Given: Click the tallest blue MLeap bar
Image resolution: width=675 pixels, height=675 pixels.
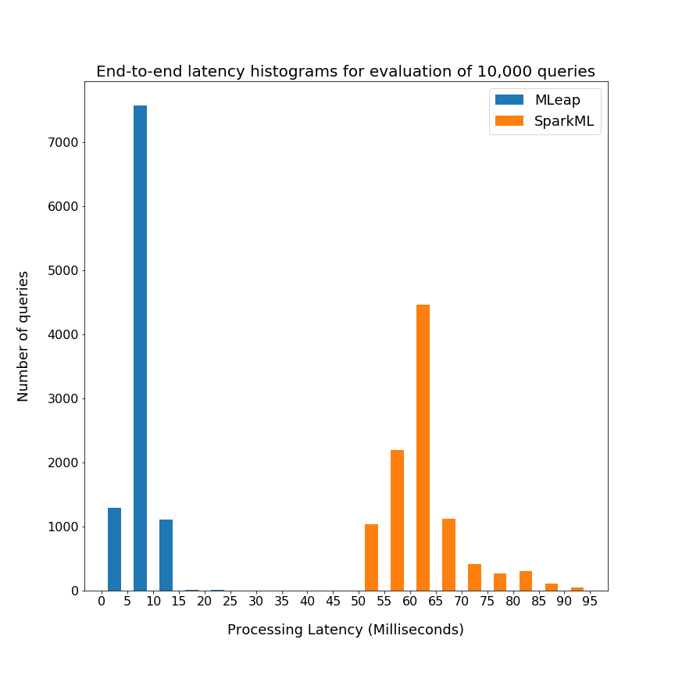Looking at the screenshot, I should coord(140,348).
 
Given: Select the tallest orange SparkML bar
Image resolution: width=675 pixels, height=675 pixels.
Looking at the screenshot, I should coord(423,448).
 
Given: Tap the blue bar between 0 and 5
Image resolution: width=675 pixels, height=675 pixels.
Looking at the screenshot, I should coord(114,549).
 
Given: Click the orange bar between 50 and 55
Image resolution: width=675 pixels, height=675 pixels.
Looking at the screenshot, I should coord(371,557).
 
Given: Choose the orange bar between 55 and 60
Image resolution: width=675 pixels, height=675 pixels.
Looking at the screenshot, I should coord(397,520).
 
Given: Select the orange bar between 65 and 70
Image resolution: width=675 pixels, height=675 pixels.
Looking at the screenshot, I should coord(448,555).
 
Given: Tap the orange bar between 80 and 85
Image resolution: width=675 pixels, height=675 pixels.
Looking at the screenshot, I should coord(526,580).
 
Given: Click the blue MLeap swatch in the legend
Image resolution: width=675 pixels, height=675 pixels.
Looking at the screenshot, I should coord(509,100).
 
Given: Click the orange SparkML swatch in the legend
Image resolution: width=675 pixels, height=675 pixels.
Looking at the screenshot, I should coord(509,121).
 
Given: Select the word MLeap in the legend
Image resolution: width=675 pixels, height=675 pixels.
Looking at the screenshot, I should coord(557,100).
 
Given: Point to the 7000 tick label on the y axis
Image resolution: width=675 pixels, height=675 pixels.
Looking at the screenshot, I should coord(63,143).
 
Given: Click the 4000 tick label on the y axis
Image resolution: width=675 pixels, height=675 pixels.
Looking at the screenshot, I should coord(63,335).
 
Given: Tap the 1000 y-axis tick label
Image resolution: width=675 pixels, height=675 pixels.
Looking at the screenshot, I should coord(63,527).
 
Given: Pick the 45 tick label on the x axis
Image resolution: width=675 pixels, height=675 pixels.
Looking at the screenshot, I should coord(333,602).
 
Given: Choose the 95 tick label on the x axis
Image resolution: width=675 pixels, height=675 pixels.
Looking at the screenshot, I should coord(590,602).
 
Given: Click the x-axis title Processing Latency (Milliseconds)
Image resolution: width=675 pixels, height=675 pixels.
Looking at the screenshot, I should coord(345,630).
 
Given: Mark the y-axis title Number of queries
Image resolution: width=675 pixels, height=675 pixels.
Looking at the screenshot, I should coord(23,336).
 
